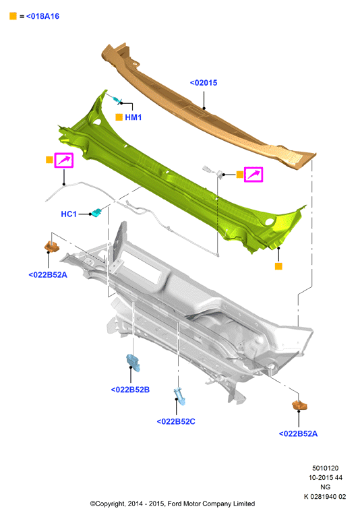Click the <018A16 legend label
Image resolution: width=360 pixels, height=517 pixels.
click(x=42, y=16)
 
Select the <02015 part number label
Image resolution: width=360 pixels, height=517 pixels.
click(x=204, y=83)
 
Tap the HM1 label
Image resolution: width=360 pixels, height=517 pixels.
click(x=133, y=117)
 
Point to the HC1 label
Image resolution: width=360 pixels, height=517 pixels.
click(x=69, y=214)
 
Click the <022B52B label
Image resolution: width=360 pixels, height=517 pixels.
click(x=130, y=390)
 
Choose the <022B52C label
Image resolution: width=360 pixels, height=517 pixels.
click(x=176, y=421)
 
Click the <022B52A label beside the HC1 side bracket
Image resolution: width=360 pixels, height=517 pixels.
click(x=48, y=275)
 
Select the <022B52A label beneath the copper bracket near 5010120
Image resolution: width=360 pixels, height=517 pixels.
click(x=299, y=433)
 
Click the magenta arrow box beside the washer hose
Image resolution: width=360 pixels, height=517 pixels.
click(x=63, y=160)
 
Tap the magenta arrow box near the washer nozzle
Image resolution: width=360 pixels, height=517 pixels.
click(x=253, y=175)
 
